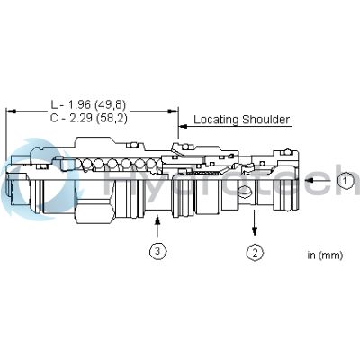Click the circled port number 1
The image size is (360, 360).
(x=346, y=181)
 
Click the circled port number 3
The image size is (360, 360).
(x=157, y=251)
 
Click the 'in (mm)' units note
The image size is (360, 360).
(x=323, y=255)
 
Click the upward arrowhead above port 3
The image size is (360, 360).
(x=157, y=220)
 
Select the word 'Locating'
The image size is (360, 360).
(x=214, y=119)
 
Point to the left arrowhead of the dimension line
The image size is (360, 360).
(x=10, y=112)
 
